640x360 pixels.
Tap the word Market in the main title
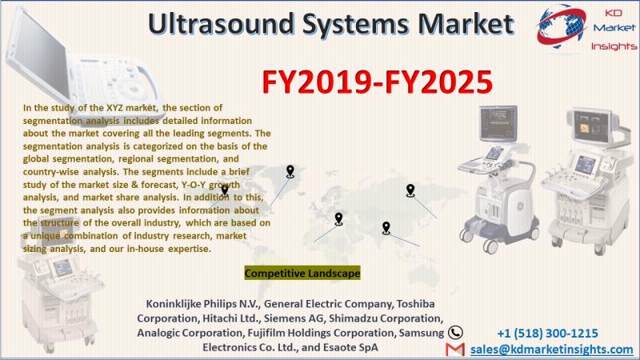(466, 23)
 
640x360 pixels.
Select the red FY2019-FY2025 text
(377, 82)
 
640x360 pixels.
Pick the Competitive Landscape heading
(302, 273)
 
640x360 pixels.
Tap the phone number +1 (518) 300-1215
(547, 334)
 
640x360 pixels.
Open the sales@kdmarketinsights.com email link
(551, 350)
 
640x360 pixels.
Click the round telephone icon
(455, 333)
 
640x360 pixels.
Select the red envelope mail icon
(455, 350)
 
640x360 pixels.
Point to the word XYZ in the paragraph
(114, 108)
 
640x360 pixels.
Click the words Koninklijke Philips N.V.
(203, 304)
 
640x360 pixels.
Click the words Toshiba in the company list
(415, 304)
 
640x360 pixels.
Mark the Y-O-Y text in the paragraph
(194, 185)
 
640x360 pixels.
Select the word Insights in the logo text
(614, 46)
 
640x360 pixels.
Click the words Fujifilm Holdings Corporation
(322, 333)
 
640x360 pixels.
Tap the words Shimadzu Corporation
(386, 318)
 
